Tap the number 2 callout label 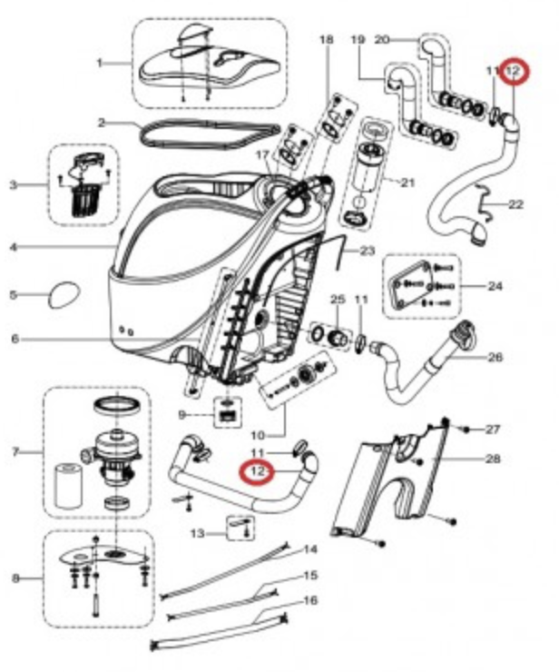pyautogui.click(x=103, y=122)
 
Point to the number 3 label pyautogui.click(x=14, y=185)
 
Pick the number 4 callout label pyautogui.click(x=14, y=246)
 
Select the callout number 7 pyautogui.click(x=14, y=451)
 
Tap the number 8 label pyautogui.click(x=14, y=577)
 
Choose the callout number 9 pyautogui.click(x=181, y=415)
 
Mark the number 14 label pyautogui.click(x=310, y=549)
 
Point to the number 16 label pyautogui.click(x=310, y=600)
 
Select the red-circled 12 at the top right pyautogui.click(x=515, y=70)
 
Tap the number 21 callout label pyautogui.click(x=407, y=183)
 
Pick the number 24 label pyautogui.click(x=495, y=286)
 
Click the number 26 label pyautogui.click(x=495, y=357)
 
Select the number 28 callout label pyautogui.click(x=493, y=460)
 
